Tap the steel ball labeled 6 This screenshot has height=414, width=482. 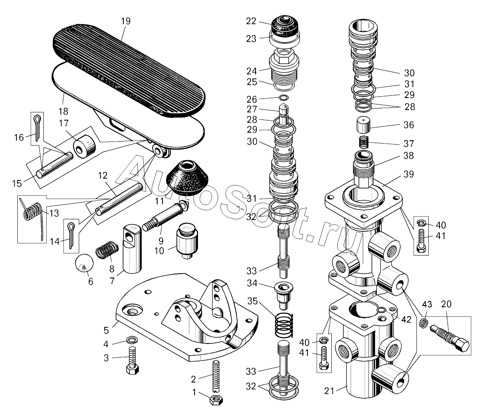click(x=84, y=263)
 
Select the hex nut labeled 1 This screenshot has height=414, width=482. click(x=217, y=400)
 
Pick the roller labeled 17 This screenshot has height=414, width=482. click(x=85, y=147)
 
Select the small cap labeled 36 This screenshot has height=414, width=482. click(x=364, y=125)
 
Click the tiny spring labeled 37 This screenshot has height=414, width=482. click(x=364, y=142)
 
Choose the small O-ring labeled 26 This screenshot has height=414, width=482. click(x=284, y=97)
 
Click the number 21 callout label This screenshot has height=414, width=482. click(x=329, y=391)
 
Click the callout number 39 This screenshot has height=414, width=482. click(x=409, y=174)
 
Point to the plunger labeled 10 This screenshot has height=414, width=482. click(x=188, y=241)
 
